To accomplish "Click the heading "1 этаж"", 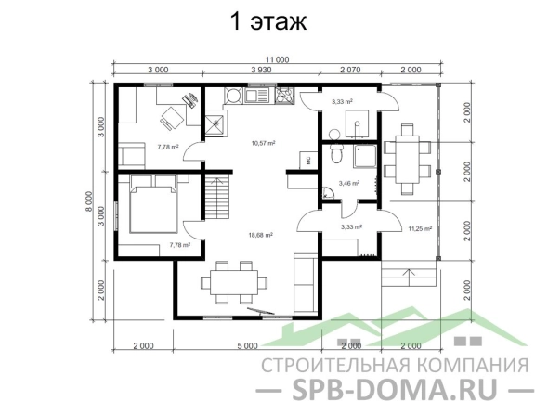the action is [x=268, y=21].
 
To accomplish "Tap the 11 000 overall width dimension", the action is [x=278, y=60].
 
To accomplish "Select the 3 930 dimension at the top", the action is [x=261, y=70].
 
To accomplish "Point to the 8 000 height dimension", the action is [x=89, y=201].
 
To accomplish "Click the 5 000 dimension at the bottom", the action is [x=247, y=346].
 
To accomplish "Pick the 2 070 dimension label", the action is [x=350, y=70].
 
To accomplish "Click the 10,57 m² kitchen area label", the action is [x=264, y=143].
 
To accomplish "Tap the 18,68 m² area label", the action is [x=261, y=235].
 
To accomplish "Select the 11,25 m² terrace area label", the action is [x=420, y=228].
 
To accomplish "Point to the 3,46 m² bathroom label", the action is [x=349, y=183].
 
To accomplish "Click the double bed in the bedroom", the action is [x=153, y=204].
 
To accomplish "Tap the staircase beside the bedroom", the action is [x=217, y=196].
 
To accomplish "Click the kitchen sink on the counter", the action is [x=257, y=95].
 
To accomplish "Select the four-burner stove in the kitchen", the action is [x=284, y=95].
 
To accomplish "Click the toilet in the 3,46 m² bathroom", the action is [x=337, y=153].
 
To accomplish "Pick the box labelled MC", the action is [x=308, y=161].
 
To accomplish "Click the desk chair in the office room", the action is [x=172, y=118].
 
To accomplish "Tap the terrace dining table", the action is [x=407, y=160].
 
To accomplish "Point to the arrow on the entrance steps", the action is [x=409, y=278].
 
